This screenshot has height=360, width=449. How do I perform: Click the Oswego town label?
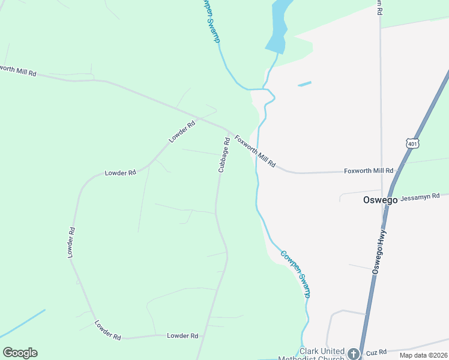[380, 200]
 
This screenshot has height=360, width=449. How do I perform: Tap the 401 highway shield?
[412, 144]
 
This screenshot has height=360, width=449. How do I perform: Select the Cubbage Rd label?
[223, 155]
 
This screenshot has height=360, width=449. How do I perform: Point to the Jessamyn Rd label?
[420, 196]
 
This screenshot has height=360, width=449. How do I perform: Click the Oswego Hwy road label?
[380, 253]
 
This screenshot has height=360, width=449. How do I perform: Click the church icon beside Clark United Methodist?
[354, 354]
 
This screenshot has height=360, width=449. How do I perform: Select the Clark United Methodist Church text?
[322, 355]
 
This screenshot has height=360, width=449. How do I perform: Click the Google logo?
[20, 353]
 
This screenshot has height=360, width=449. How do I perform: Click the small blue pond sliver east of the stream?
[304, 84]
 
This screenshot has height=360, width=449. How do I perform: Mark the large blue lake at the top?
[279, 27]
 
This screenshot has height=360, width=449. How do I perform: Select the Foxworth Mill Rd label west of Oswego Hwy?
[368, 171]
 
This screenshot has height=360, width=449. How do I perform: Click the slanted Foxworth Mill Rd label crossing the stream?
[255, 151]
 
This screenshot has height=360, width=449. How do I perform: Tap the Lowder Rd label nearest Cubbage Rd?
[182, 131]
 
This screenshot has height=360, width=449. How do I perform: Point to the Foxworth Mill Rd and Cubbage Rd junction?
[229, 130]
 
